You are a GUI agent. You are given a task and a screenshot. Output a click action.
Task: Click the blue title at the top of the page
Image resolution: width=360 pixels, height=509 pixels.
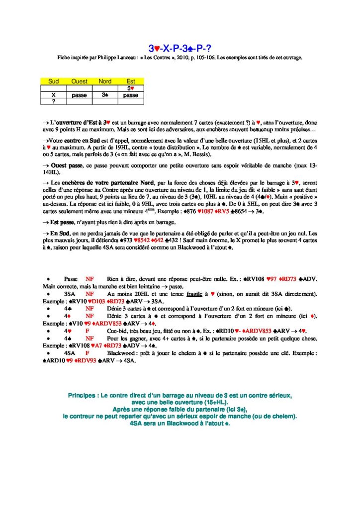click(180, 48)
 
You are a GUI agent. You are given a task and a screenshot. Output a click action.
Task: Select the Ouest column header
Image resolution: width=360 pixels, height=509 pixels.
click(79, 81)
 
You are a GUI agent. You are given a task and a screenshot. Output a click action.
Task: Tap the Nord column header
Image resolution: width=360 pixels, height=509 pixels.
click(105, 81)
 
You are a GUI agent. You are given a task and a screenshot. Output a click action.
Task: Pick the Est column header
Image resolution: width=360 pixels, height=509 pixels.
click(131, 81)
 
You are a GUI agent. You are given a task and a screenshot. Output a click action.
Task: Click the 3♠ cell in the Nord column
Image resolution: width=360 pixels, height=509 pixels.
click(105, 94)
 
